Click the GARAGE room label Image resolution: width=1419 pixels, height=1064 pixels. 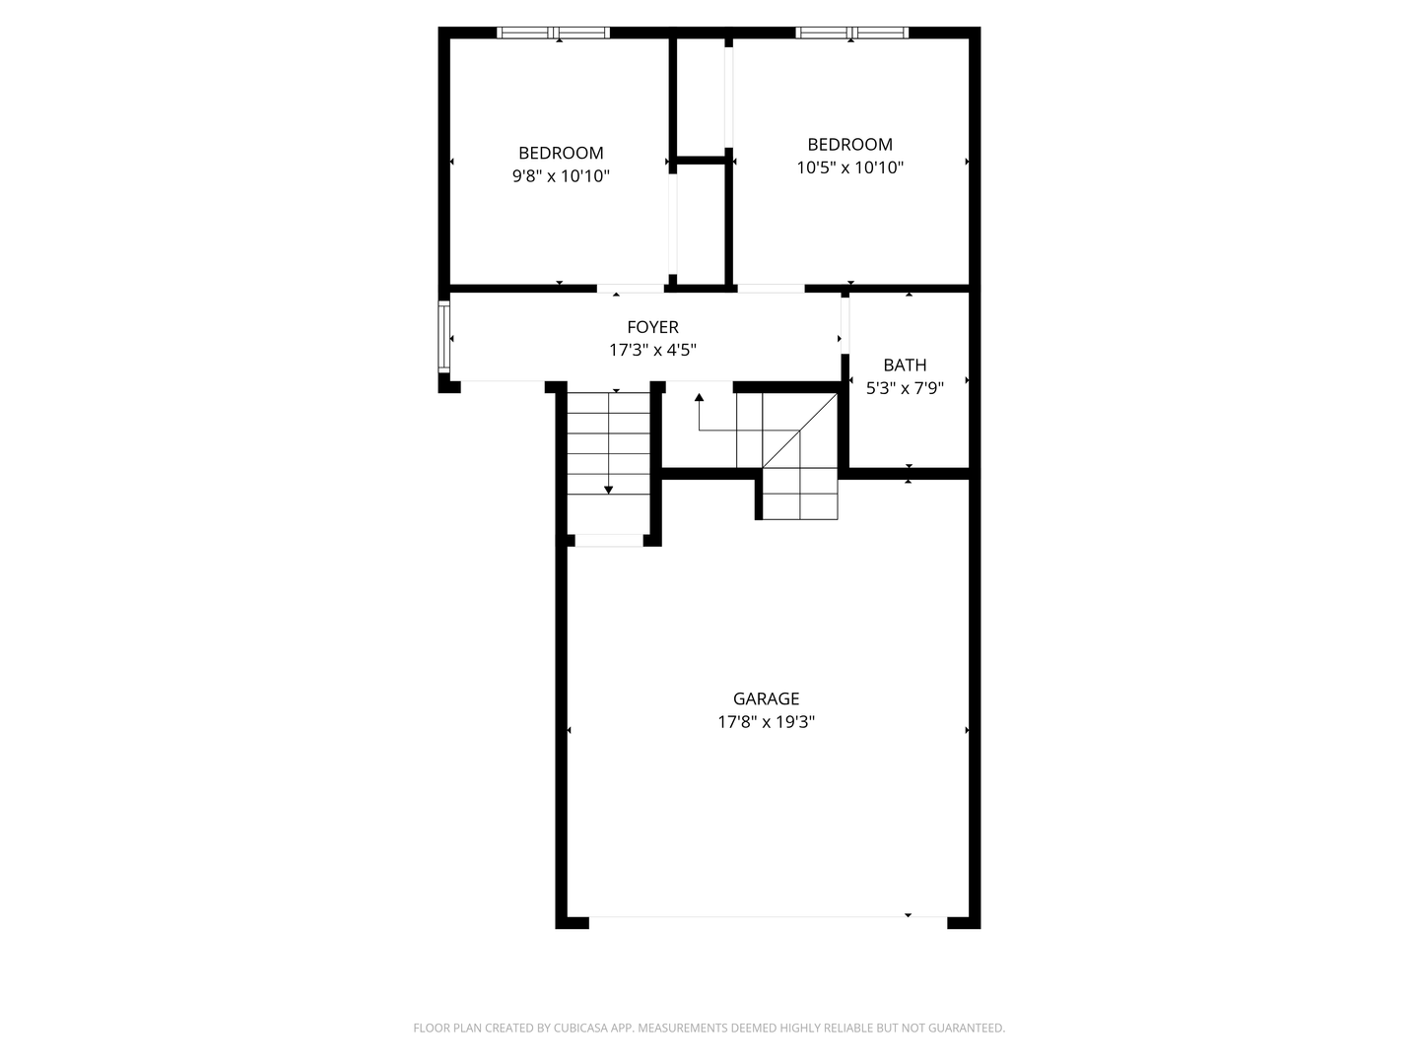[x=766, y=698]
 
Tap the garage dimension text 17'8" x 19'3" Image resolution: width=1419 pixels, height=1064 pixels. [x=766, y=722]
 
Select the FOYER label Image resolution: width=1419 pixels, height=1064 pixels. [x=652, y=327]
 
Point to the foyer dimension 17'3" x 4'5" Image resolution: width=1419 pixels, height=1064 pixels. [x=652, y=350]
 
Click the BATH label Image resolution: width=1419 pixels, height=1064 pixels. [x=905, y=365]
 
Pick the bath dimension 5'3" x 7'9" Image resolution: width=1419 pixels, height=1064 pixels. [x=905, y=388]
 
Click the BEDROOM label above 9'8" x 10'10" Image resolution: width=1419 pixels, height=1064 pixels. [x=561, y=153]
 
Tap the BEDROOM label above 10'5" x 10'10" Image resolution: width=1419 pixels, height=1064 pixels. [x=849, y=144]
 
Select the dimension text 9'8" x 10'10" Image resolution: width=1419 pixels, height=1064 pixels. [x=561, y=176]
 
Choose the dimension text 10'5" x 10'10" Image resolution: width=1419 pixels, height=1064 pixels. [x=849, y=167]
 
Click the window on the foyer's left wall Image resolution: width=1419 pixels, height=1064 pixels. [x=444, y=337]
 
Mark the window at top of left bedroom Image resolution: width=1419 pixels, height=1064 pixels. [x=554, y=33]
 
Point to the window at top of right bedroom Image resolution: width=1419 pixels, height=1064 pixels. [x=852, y=33]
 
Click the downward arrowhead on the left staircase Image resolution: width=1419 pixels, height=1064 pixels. [x=609, y=489]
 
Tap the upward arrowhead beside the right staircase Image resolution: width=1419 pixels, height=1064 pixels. [x=699, y=398]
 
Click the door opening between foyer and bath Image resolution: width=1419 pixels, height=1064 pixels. [x=845, y=323]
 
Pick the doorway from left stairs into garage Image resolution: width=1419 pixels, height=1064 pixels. [x=608, y=540]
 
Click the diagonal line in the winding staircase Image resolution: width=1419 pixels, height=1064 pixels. [x=799, y=432]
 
